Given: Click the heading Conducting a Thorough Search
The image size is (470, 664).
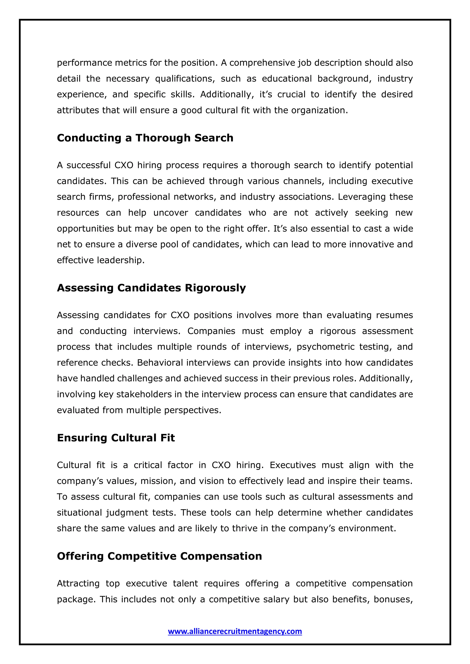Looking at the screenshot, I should click(x=145, y=138).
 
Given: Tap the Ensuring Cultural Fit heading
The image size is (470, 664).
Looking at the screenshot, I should click(x=116, y=438).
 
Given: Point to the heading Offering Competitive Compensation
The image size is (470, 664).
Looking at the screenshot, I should click(x=159, y=556).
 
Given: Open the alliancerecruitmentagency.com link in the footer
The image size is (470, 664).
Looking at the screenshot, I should click(x=235, y=631).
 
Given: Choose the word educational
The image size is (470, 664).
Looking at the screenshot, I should click(x=287, y=79).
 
